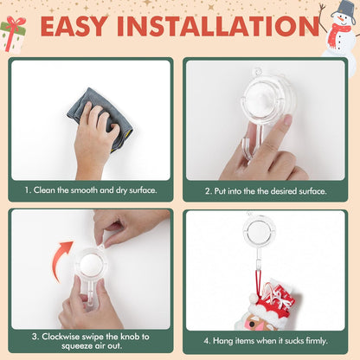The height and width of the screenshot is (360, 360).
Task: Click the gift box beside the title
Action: point(14,34)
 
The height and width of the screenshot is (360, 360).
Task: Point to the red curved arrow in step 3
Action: point(61,260)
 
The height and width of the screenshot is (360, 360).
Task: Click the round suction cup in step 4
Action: point(260,230)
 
